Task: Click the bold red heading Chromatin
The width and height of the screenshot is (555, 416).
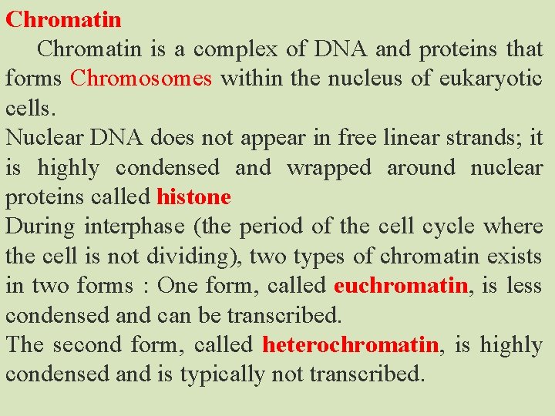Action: pos(63,18)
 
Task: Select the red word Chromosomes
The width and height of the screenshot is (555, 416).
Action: pos(141,79)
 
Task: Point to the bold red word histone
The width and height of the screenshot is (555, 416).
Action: pos(193,197)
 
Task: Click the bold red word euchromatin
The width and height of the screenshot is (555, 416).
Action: pos(401,286)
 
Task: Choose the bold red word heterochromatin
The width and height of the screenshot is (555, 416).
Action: pos(351,344)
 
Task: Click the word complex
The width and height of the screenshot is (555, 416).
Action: pos(235,49)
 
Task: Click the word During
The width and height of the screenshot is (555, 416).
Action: pos(40,226)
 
